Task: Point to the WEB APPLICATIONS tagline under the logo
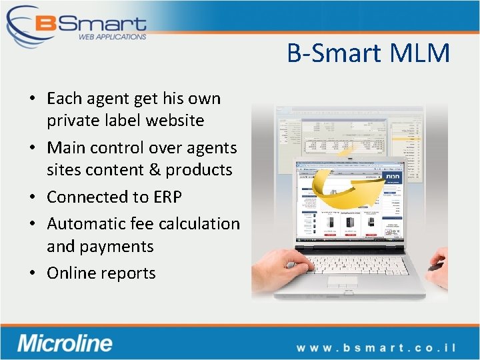112,37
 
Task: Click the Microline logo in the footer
65,343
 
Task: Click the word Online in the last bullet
72,273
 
